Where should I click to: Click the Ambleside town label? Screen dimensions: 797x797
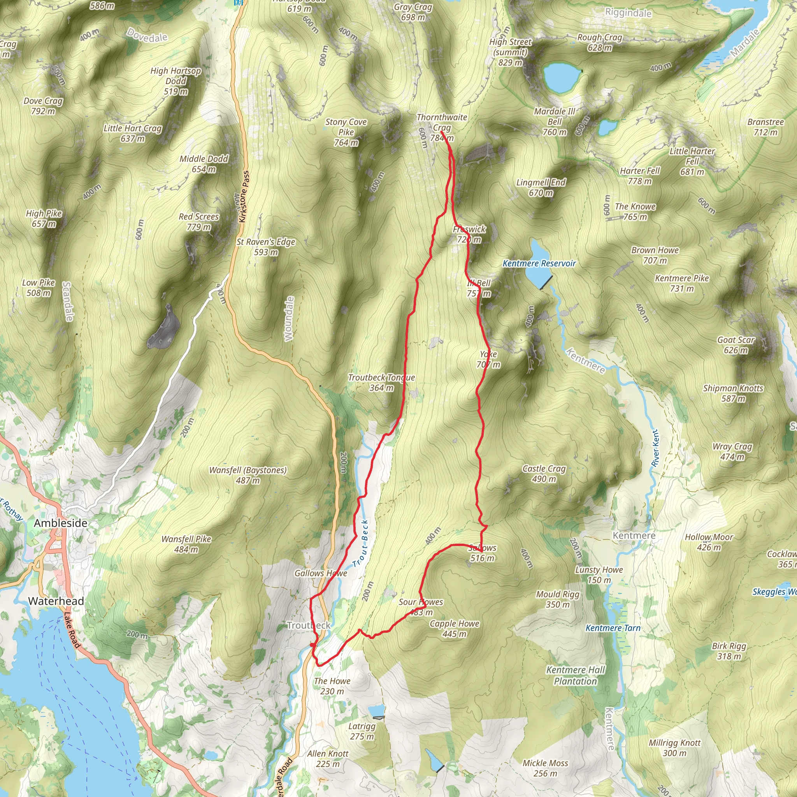61,523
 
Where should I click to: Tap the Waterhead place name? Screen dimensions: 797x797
56,601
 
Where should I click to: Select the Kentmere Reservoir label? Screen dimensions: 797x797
539,263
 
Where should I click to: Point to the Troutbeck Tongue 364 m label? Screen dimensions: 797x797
381,383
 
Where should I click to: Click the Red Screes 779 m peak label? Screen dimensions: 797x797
198,221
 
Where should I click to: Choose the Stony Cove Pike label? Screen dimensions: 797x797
346,132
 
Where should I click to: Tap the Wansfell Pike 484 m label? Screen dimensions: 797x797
186,544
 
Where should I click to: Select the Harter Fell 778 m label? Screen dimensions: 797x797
640,176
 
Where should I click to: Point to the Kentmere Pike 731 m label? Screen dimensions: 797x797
681,283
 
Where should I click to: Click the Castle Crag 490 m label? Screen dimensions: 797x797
544,474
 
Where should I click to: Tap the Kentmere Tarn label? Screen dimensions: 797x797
613,628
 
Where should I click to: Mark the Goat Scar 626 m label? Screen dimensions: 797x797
736,345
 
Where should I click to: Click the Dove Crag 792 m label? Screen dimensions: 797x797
43,105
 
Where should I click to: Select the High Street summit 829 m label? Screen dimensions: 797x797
510,52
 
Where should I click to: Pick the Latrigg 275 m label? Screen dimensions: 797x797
362,731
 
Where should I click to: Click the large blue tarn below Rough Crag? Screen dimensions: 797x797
561,77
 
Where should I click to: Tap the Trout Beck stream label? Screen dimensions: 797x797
360,543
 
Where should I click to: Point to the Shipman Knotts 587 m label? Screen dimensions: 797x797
733,393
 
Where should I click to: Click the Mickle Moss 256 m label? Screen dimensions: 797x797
545,768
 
